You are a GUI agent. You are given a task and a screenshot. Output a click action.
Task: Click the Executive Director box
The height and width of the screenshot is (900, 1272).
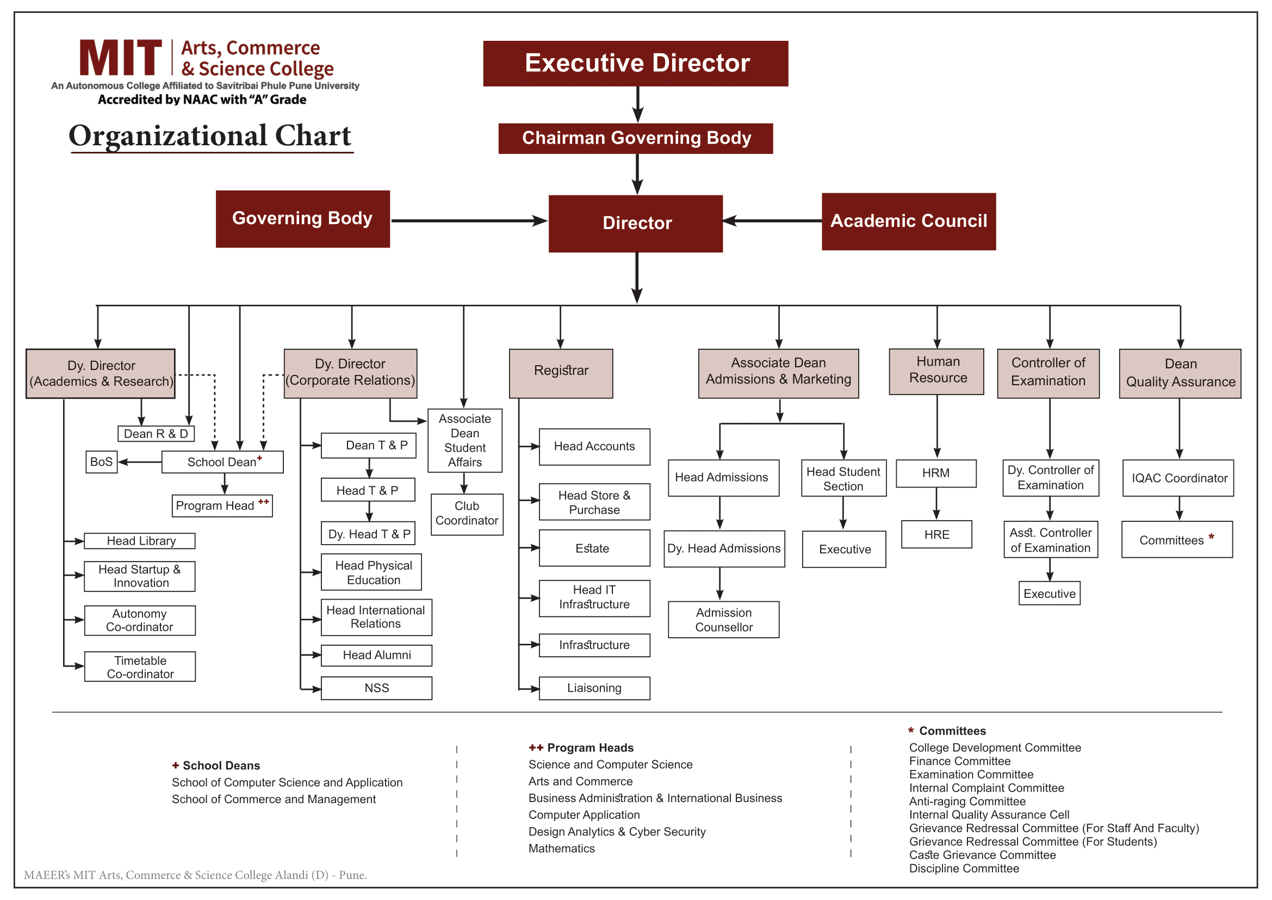click(635, 63)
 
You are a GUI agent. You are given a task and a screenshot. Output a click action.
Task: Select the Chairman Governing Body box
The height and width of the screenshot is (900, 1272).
click(635, 139)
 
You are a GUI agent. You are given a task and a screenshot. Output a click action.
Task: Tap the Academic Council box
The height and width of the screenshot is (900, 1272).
click(909, 221)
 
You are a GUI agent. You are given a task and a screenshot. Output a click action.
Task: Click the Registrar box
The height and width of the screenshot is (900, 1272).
click(561, 373)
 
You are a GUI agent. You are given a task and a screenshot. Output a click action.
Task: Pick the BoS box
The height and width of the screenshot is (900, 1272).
click(101, 462)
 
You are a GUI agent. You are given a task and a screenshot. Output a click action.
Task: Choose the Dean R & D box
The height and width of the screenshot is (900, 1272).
click(156, 434)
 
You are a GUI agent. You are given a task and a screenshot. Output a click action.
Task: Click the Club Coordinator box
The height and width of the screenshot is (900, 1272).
click(467, 514)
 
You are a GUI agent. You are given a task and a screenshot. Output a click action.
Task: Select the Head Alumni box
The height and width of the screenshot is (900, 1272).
click(377, 655)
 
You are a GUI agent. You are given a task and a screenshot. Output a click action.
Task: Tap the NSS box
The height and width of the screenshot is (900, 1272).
click(377, 688)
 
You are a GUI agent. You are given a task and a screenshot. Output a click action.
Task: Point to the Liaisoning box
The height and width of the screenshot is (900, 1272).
click(594, 688)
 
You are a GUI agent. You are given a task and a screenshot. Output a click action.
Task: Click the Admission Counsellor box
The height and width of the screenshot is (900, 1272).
click(723, 620)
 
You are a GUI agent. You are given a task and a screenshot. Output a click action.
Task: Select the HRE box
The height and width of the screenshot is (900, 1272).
click(936, 534)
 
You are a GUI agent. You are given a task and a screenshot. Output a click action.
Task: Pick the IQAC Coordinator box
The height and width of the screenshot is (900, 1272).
click(1178, 478)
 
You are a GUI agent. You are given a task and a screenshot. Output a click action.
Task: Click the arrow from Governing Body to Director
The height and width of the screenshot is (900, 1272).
click(469, 220)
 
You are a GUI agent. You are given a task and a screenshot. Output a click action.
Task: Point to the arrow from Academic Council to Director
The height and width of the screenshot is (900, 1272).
click(772, 220)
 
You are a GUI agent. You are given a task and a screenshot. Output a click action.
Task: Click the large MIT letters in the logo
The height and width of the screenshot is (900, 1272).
click(121, 58)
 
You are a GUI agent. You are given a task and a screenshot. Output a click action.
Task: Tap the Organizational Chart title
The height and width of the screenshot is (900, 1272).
click(210, 135)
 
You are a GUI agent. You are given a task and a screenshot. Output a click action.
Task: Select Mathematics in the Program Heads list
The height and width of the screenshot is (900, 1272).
click(561, 848)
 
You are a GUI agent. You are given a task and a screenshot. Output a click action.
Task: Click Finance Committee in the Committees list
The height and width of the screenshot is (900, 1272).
click(959, 761)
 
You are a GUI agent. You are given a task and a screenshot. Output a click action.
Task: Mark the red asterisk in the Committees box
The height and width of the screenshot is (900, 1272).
click(1211, 537)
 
